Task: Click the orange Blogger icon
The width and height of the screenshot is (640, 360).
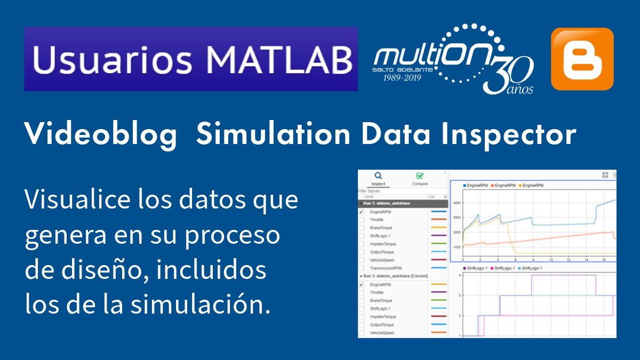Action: [582, 59]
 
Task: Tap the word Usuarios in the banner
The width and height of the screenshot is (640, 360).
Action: [111, 59]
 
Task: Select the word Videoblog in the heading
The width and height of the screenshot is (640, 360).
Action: [101, 135]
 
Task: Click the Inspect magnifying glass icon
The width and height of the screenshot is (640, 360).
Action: [378, 175]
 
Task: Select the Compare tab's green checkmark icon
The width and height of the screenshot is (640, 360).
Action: [420, 175]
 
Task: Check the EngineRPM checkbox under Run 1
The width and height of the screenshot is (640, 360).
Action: [361, 212]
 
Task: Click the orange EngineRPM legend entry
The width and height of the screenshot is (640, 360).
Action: [505, 185]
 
